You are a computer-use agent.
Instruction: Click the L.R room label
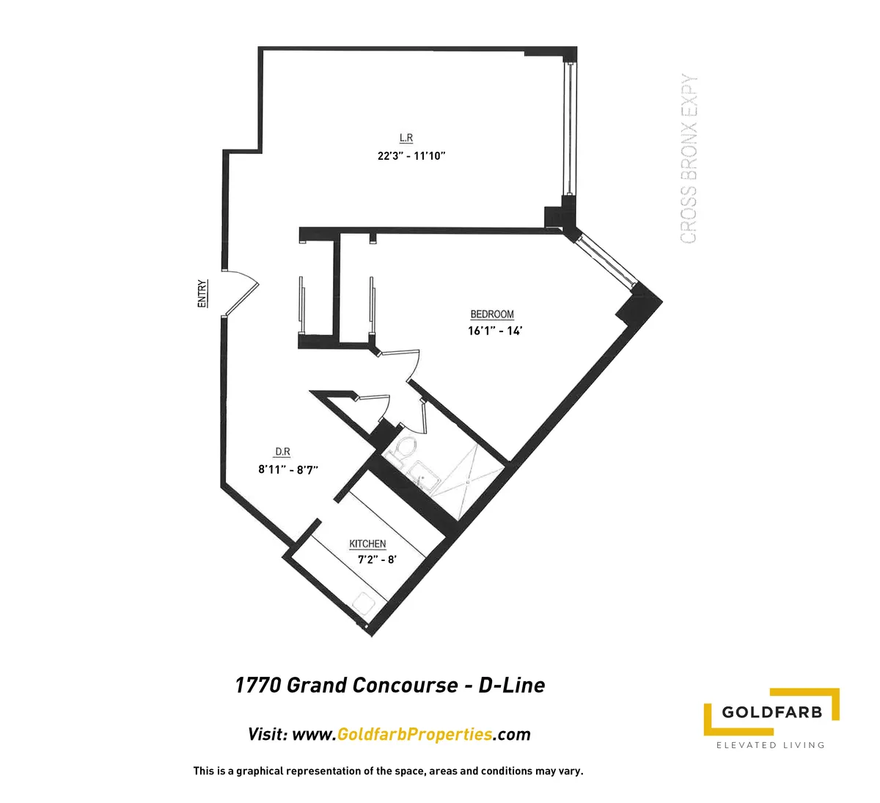pyautogui.click(x=406, y=138)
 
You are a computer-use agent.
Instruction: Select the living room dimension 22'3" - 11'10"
pyautogui.click(x=408, y=155)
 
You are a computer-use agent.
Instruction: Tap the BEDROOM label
pyautogui.click(x=492, y=315)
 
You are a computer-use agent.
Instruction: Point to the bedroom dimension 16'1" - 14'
pyautogui.click(x=494, y=331)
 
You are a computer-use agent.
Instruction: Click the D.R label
pyautogui.click(x=282, y=452)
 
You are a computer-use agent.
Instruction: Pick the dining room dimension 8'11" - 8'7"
pyautogui.click(x=287, y=469)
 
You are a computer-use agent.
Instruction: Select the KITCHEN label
pyautogui.click(x=367, y=544)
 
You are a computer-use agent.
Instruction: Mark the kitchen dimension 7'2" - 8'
pyautogui.click(x=377, y=560)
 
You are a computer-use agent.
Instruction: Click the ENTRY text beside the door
pyautogui.click(x=202, y=293)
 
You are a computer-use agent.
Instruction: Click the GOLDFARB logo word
pyautogui.click(x=771, y=711)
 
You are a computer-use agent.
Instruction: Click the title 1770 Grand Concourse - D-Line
pyautogui.click(x=389, y=685)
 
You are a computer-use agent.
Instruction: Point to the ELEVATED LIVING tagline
pyautogui.click(x=770, y=745)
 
